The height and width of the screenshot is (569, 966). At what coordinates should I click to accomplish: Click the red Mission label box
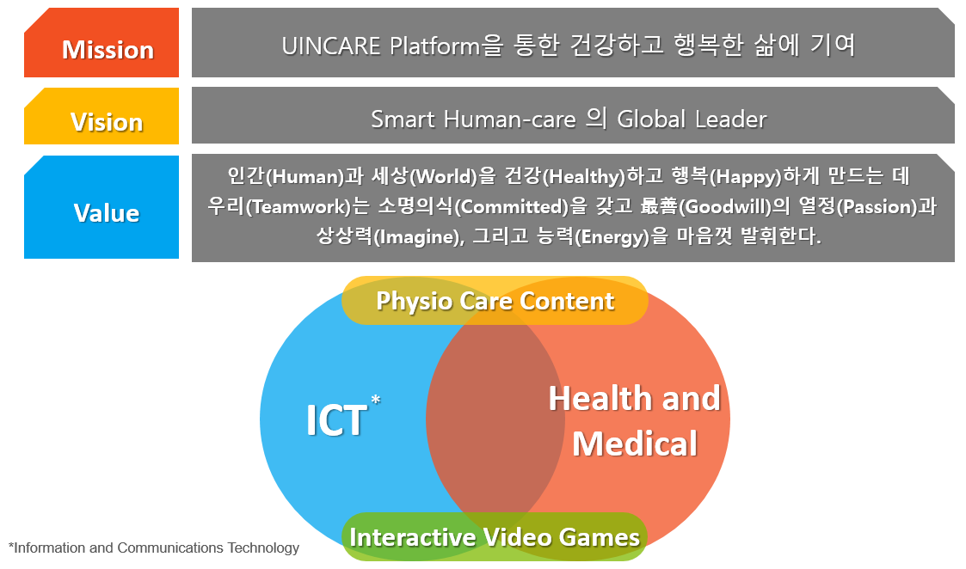point(102,42)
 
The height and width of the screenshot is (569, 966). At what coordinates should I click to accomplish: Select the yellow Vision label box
point(102,116)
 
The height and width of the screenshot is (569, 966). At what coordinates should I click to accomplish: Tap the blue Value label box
point(102,207)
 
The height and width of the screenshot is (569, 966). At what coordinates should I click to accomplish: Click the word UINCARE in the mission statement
point(331,46)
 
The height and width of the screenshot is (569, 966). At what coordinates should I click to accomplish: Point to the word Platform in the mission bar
point(435,46)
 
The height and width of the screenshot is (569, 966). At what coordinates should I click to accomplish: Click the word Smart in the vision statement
point(403,119)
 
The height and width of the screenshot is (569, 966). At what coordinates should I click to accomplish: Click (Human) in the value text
point(305,177)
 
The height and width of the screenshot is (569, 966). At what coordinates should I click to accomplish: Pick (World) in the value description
point(444,177)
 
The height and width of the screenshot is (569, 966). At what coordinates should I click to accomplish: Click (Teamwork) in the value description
point(298,207)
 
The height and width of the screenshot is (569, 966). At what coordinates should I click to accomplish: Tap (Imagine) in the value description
point(418,237)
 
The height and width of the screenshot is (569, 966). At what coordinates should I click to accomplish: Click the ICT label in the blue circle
point(336,421)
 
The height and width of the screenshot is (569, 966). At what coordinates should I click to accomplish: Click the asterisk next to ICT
point(376,401)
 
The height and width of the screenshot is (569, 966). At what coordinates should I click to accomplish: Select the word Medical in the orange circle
point(635,444)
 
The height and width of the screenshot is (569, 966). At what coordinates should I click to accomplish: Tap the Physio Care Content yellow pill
point(495,301)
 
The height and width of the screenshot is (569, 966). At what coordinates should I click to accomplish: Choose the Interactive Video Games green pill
point(495,537)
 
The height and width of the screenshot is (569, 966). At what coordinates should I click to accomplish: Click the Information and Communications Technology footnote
point(154,548)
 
